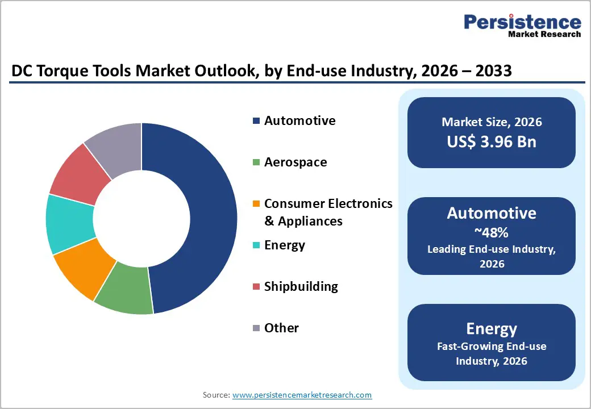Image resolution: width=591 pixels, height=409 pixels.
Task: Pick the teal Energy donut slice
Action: pos(69,225)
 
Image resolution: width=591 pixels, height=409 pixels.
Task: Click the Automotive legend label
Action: pos(299,121)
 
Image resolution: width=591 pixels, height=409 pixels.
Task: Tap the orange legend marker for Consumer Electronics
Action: pos(256,204)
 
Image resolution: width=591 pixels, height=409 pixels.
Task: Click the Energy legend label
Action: pos(285,245)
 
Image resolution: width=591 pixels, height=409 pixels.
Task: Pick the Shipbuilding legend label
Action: pos(301,287)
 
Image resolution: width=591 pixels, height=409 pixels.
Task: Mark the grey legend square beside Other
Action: pos(256,328)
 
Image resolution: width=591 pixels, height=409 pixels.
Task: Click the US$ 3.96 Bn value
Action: pos(492,141)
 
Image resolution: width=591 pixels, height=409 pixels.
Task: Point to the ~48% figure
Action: pos(492,233)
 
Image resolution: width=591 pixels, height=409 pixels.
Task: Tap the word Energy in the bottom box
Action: pos(492,329)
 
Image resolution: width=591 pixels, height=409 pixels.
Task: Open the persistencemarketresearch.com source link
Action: pos(302,395)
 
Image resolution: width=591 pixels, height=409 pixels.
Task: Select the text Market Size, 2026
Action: pos(492,122)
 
